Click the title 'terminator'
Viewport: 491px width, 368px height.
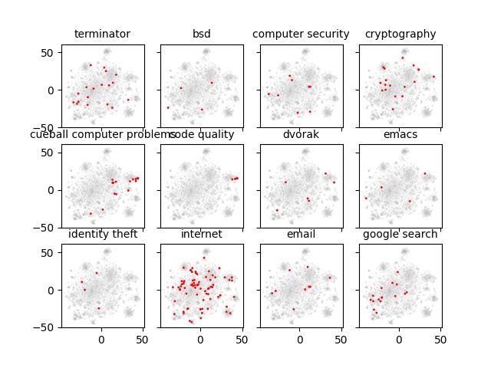tap(102, 34)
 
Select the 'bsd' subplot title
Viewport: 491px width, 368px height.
tap(202, 34)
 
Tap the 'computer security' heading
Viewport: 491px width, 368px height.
tap(301, 34)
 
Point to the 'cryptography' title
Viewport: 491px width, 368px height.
tap(400, 34)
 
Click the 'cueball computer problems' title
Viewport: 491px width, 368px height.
tap(102, 134)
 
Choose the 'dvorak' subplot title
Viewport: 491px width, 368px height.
tap(301, 134)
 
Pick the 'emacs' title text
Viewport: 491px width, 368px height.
tap(400, 134)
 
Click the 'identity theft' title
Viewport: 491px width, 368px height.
tap(103, 234)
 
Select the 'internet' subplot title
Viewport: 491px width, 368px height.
tap(202, 234)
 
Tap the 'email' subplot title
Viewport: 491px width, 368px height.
tap(301, 234)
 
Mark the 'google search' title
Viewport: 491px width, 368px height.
tap(400, 234)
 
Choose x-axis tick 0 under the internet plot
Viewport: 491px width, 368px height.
tap(200, 338)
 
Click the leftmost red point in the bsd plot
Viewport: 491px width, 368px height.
tap(168, 107)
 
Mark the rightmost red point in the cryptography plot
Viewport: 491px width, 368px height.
tap(433, 76)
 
